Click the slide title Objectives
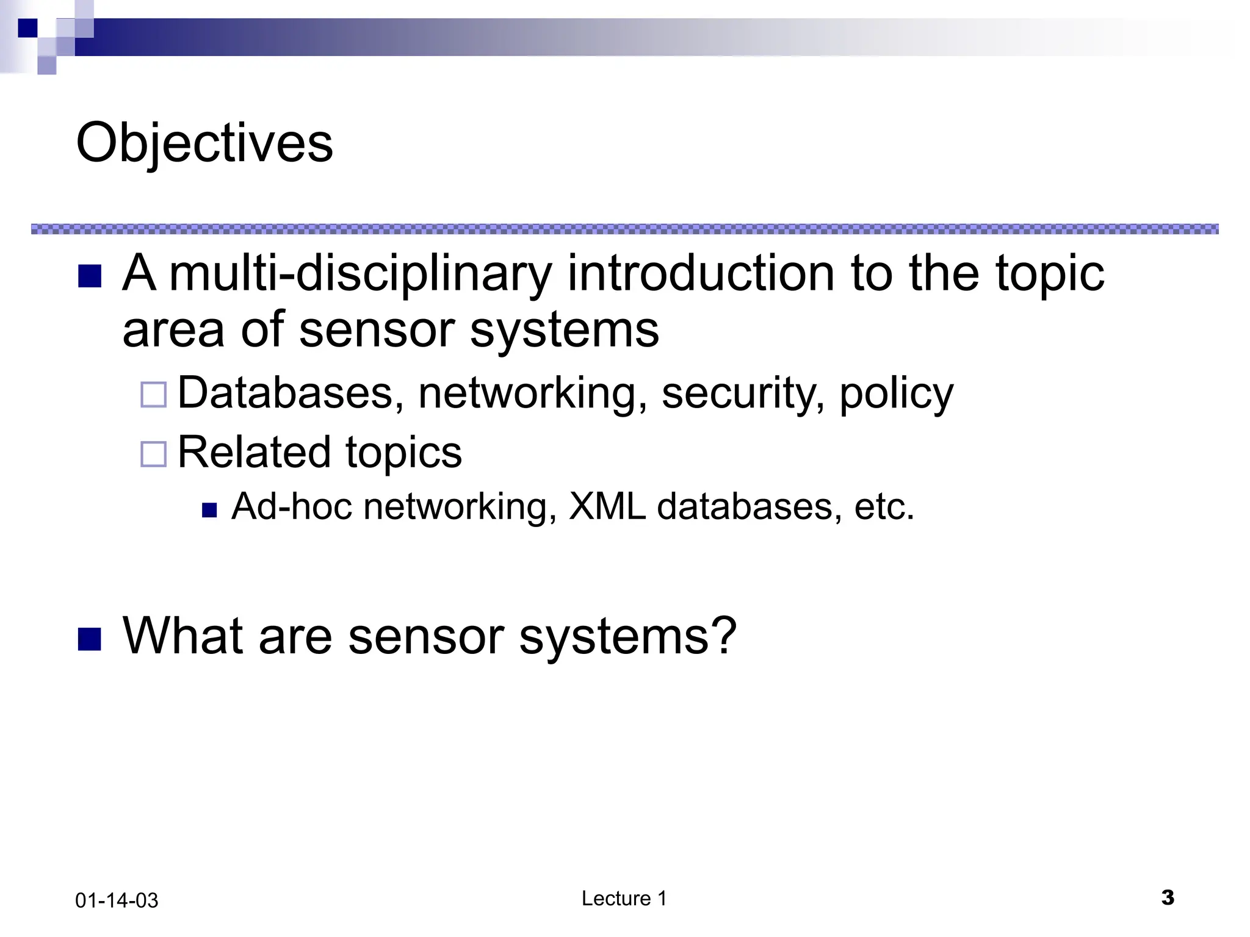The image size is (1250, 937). click(x=204, y=143)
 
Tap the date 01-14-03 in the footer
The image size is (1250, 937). click(x=117, y=900)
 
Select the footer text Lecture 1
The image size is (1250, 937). click(x=624, y=898)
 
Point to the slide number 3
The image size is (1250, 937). click(x=1168, y=897)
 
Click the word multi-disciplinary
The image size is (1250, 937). click(x=361, y=274)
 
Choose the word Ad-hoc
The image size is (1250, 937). click(x=292, y=506)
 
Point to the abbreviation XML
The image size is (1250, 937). click(x=607, y=506)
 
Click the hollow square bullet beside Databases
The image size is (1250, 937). click(x=153, y=395)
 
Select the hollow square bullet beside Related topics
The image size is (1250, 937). click(x=153, y=454)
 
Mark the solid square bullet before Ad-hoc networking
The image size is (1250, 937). click(x=209, y=509)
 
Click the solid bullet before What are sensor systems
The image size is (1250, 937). click(x=90, y=639)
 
